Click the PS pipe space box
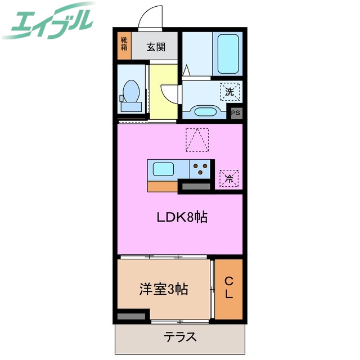click(x=236, y=113)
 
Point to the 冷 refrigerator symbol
click(x=229, y=178)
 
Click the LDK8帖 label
click(x=182, y=217)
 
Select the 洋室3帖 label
click(x=164, y=290)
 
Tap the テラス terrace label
click(x=181, y=337)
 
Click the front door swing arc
click(x=149, y=16)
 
